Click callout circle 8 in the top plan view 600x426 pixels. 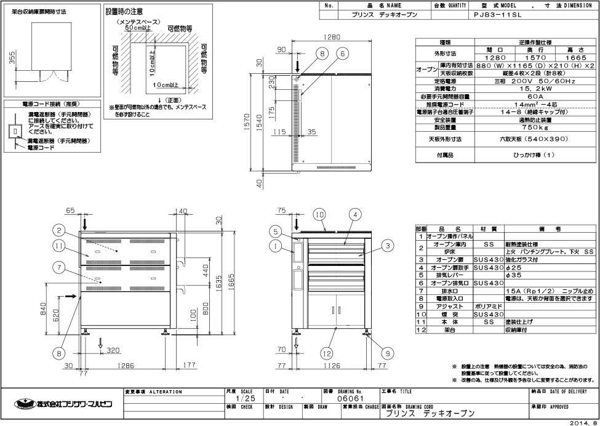point(322,54)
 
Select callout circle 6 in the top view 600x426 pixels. point(340,54)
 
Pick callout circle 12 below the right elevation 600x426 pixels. point(327,354)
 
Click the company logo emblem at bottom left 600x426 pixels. point(23,404)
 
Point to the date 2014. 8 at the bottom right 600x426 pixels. point(582,422)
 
